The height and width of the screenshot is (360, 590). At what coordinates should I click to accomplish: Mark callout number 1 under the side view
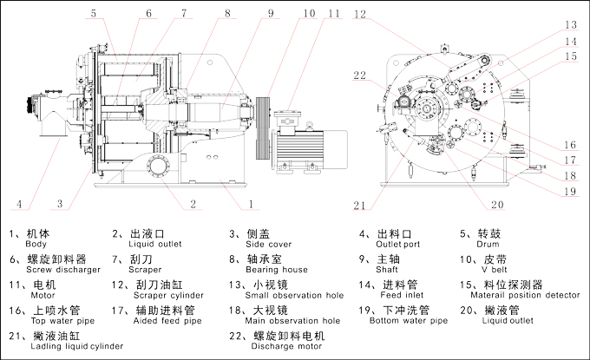pos(251,206)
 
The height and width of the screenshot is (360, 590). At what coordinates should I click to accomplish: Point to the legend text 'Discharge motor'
pos(276,346)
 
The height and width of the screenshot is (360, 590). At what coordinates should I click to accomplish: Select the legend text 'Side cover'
pos(261,245)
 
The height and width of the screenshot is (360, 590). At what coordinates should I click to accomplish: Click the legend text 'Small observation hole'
pos(284,295)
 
